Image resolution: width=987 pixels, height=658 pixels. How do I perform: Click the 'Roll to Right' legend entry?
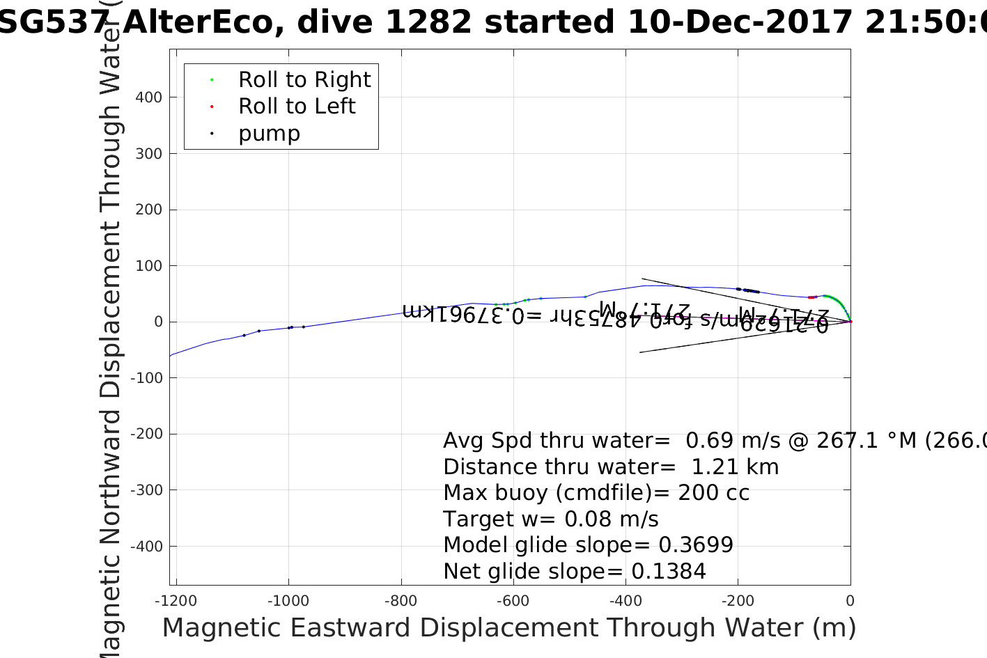coord(304,80)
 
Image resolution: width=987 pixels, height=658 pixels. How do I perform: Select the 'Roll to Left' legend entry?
coord(297,107)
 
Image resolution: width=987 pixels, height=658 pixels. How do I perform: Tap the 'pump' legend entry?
coord(269,134)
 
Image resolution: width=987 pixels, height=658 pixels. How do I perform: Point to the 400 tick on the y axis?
coord(149,97)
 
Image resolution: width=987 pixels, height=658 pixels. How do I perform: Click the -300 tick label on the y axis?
coord(146,490)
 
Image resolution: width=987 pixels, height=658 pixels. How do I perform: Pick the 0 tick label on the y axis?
coord(159,322)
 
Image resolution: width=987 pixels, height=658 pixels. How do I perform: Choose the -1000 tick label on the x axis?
coord(288,602)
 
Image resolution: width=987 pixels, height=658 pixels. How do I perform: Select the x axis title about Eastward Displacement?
coord(508,628)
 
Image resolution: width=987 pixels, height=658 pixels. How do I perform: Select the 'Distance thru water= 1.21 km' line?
coord(611,467)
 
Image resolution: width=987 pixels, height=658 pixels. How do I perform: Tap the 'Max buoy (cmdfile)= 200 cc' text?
coord(596,493)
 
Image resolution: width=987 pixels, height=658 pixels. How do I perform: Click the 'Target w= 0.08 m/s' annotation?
coord(550,519)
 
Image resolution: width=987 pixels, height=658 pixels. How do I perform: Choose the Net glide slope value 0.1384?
coord(669,572)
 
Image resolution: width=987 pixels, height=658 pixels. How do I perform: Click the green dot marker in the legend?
coord(212,80)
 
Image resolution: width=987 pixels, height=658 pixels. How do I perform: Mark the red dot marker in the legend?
coord(212,107)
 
